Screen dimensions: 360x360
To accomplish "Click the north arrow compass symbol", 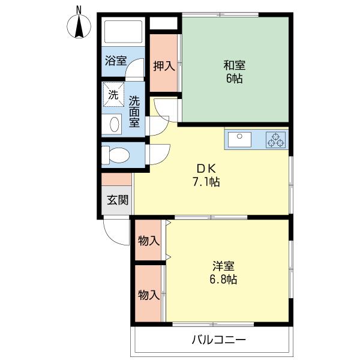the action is pyautogui.click(x=79, y=26).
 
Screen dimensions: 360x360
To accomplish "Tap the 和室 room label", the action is pyautogui.click(x=235, y=65).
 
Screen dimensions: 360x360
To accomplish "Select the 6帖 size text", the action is pyautogui.click(x=234, y=79).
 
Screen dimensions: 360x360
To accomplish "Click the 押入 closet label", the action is pyautogui.click(x=164, y=66).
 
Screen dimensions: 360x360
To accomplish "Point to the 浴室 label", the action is pyautogui.click(x=116, y=61).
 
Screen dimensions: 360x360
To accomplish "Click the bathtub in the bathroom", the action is pyautogui.click(x=123, y=32).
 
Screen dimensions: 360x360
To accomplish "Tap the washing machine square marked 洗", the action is pyautogui.click(x=113, y=95).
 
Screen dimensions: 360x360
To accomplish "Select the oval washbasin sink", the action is pyautogui.click(x=115, y=124).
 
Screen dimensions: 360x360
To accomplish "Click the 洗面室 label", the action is pyautogui.click(x=134, y=112).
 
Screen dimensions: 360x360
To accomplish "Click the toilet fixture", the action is pyautogui.click(x=115, y=155).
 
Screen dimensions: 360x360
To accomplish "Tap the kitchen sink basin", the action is pyautogui.click(x=239, y=139).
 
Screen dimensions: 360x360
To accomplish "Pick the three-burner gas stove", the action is pyautogui.click(x=276, y=140).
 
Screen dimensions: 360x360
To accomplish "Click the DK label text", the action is pyautogui.click(x=206, y=169).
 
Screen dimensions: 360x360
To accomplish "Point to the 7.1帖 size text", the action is pyautogui.click(x=206, y=182).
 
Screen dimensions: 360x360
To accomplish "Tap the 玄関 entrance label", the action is pyautogui.click(x=118, y=200).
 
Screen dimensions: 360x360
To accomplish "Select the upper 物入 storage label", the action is pyautogui.click(x=149, y=241).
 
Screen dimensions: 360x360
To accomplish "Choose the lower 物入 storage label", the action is pyautogui.click(x=149, y=295).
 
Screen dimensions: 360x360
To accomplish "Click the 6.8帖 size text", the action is pyautogui.click(x=223, y=280).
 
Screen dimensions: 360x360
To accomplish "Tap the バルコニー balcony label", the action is pyautogui.click(x=219, y=340).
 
